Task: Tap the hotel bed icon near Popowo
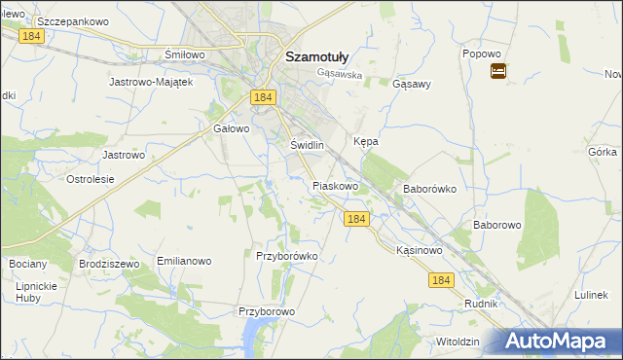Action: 497,71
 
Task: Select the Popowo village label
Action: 481,54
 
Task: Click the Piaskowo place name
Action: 336,185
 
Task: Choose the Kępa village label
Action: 366,141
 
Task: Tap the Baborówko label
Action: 429,189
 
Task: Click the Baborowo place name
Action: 498,225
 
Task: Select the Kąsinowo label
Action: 420,250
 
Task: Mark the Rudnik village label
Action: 482,304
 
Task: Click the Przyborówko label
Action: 287,256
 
